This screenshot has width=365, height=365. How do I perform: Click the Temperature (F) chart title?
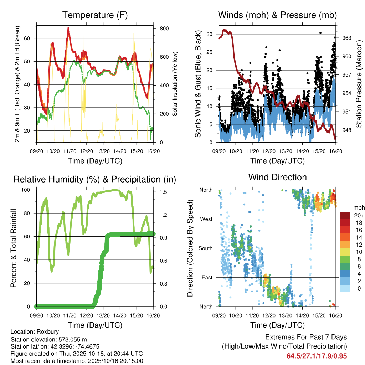[95, 15]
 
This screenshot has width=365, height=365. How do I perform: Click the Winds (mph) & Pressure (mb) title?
[277, 15]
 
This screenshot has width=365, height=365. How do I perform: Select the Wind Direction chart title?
[277, 177]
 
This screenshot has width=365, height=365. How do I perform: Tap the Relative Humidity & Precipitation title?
[95, 179]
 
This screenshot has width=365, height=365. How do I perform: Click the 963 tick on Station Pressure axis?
[346, 38]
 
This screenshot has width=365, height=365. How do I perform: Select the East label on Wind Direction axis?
[206, 277]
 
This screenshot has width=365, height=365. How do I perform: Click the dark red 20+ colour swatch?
[345, 215]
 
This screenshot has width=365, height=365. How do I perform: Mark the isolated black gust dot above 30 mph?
[320, 32]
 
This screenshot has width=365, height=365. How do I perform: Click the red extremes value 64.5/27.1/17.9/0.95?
[317, 356]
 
